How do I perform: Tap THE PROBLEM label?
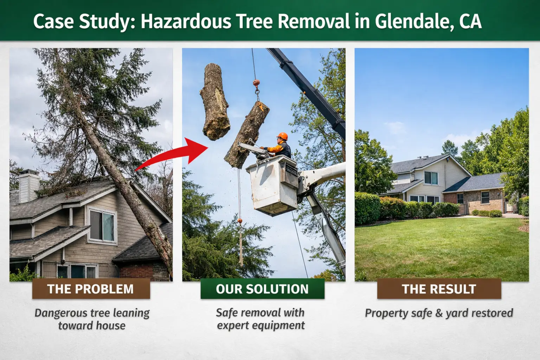[x=91, y=289]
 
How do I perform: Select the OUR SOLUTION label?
[x=262, y=289]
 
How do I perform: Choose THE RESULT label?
[x=439, y=289]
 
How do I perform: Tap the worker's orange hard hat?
[x=282, y=136]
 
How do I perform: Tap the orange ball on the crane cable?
[x=256, y=84]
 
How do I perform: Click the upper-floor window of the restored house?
[x=431, y=178]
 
